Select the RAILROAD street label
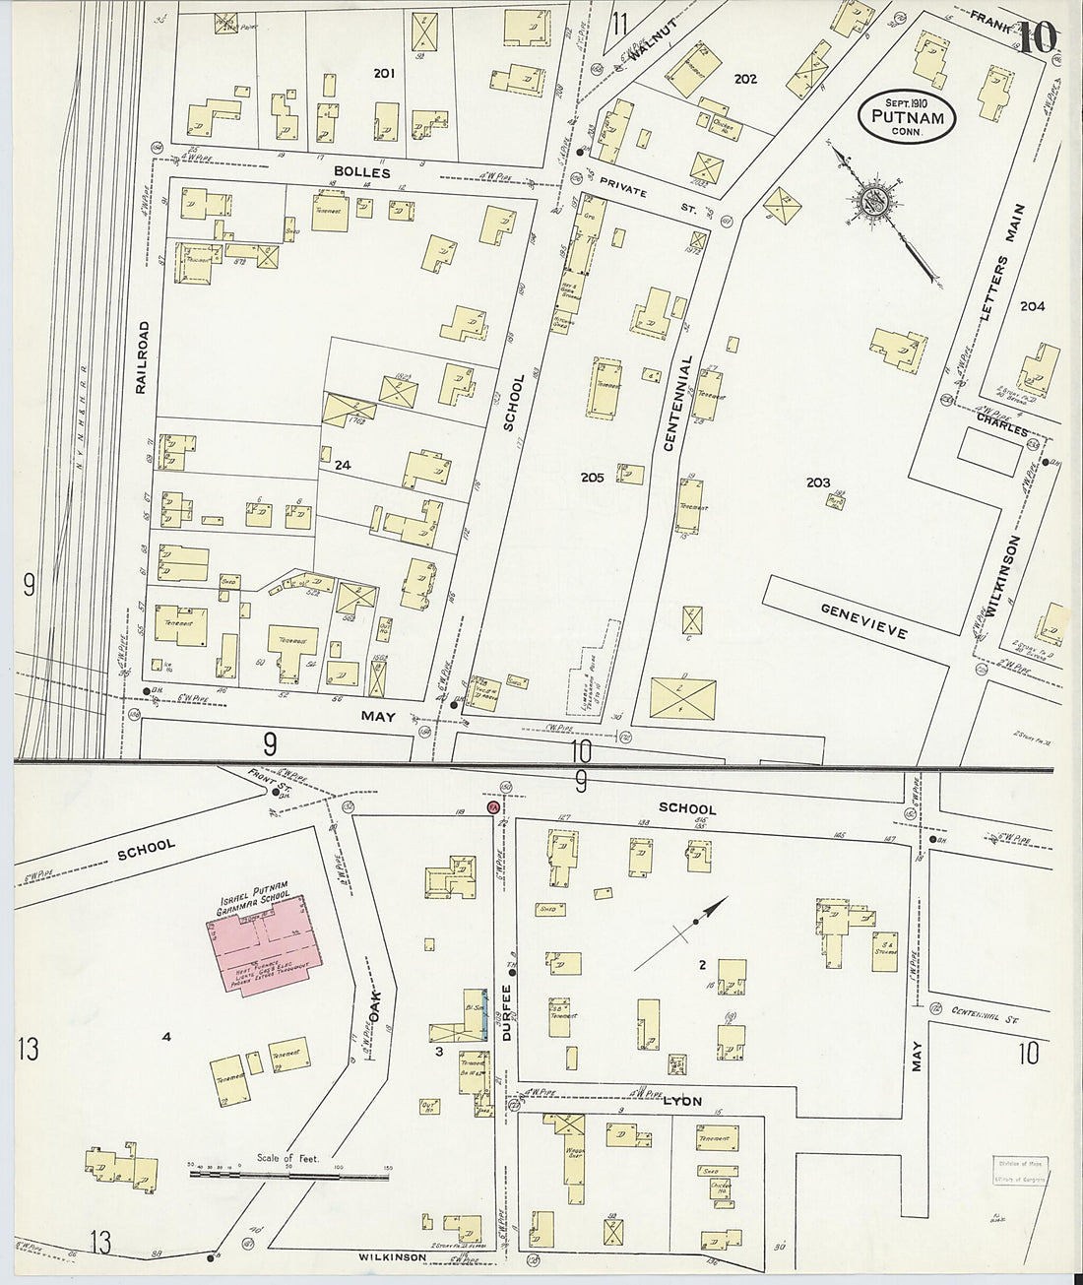[144, 357]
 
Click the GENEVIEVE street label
[863, 621]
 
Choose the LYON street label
[683, 1101]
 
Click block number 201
[383, 72]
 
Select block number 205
[592, 478]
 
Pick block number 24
[343, 465]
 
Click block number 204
[1033, 306]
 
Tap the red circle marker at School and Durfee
[493, 806]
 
